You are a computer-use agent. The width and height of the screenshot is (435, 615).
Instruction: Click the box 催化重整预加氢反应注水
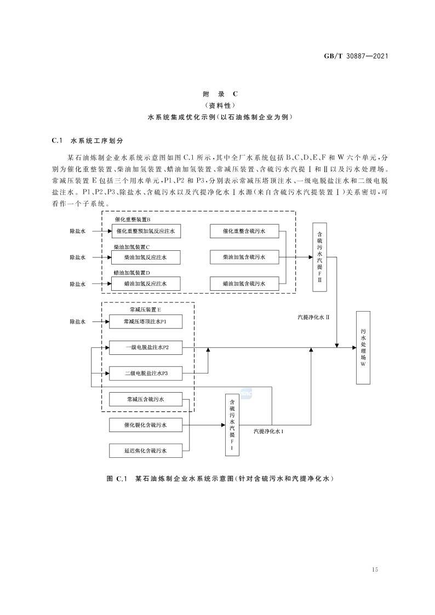coord(146,232)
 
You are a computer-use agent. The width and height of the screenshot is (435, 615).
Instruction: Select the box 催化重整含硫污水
coord(244,232)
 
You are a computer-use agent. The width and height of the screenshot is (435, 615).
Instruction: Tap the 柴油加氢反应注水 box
coord(146,257)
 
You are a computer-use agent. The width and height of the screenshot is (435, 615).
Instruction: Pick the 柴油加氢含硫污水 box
coord(244,257)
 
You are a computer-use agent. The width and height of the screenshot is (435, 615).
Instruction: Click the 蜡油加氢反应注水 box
coord(146,284)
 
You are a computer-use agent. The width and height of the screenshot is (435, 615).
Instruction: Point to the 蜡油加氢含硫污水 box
coord(244,284)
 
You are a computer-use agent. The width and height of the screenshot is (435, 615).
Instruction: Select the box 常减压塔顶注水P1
coord(146,321)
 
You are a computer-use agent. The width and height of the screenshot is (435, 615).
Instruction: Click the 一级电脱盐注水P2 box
coord(146,348)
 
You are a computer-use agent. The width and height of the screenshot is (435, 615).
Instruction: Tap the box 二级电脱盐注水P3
coord(146,373)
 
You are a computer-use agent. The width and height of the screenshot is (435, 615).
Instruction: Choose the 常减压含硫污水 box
coord(146,400)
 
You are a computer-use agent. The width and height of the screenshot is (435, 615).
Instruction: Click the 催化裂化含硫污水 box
coord(146,425)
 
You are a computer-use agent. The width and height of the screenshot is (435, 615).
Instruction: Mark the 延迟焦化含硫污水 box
coord(146,451)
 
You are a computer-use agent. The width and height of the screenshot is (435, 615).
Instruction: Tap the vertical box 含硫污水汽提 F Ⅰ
coord(232,424)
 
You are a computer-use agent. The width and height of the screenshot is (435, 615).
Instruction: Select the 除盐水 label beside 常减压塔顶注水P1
coord(77,321)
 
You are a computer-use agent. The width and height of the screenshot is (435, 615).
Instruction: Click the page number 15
coord(375,570)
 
